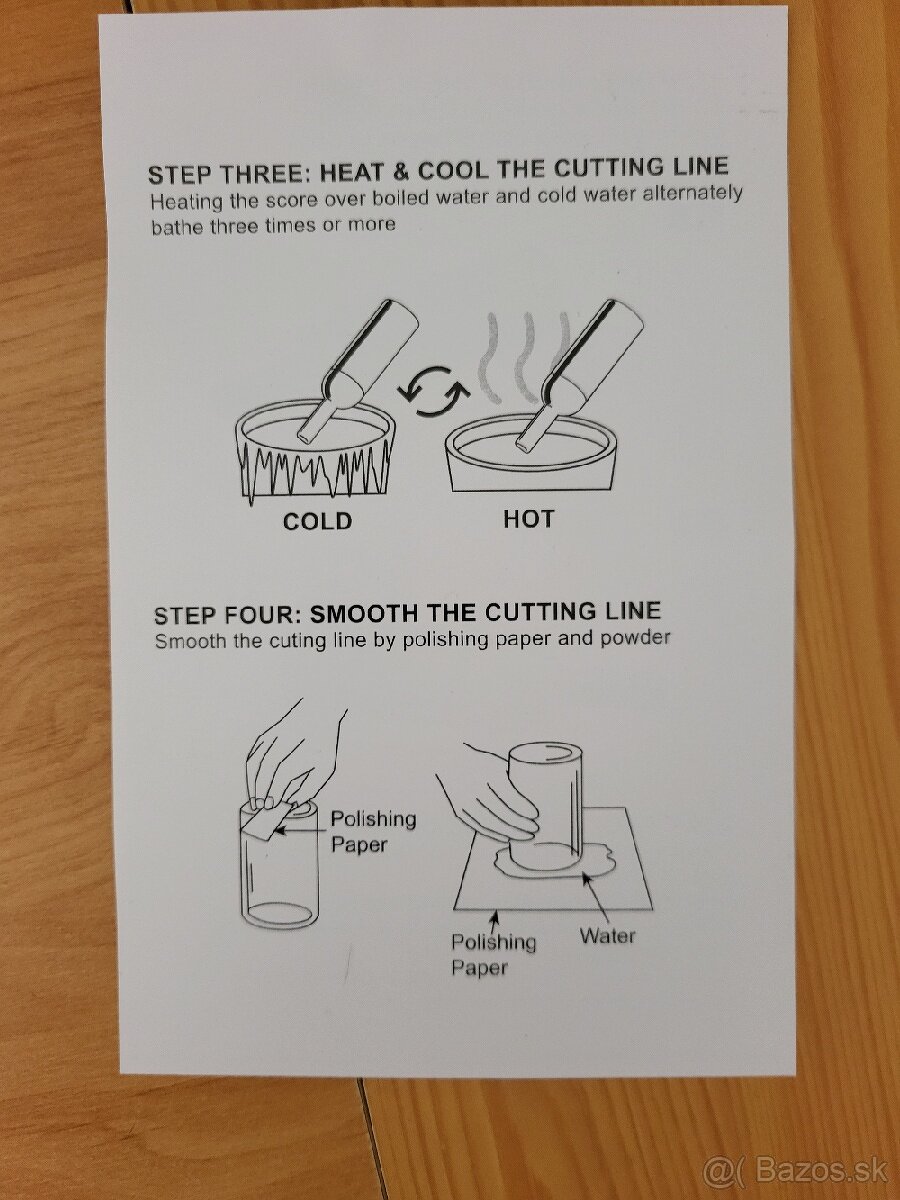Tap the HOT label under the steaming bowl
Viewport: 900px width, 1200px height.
(528, 519)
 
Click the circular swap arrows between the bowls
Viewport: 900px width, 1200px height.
(433, 391)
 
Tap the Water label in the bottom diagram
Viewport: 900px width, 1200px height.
(608, 936)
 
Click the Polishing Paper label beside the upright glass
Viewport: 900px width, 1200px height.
(373, 832)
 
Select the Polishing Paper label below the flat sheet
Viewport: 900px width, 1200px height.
(493, 955)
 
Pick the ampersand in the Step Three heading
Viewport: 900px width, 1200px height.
(401, 171)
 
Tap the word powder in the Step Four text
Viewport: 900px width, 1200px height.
(635, 637)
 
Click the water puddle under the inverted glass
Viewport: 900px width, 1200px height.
(555, 861)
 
